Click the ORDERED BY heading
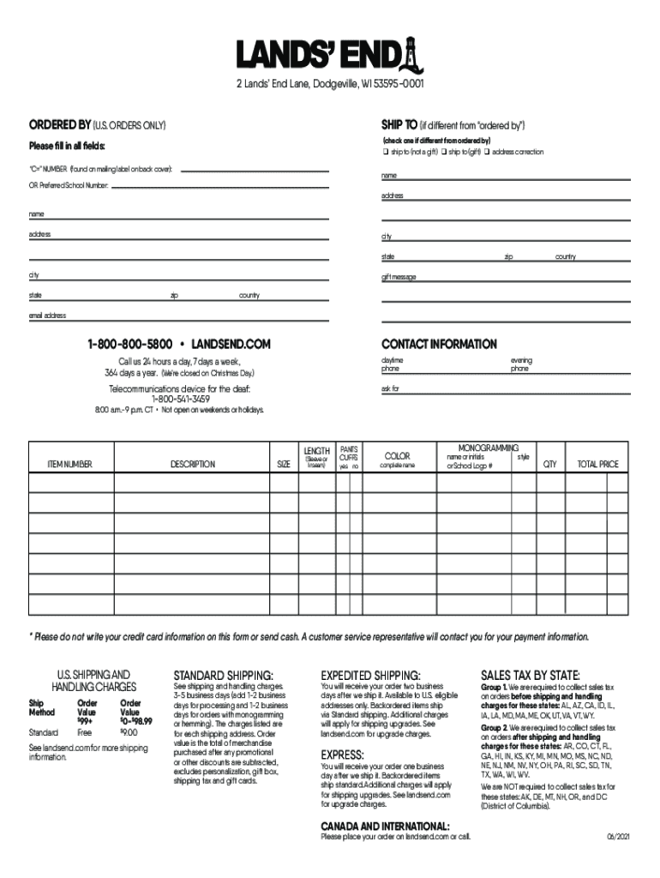(x=62, y=125)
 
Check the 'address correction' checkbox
(x=487, y=152)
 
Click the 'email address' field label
(x=47, y=315)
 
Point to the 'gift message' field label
(x=399, y=277)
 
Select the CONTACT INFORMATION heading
(x=439, y=344)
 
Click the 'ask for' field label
(x=390, y=388)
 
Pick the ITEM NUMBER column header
(x=69, y=464)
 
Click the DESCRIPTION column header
(x=192, y=464)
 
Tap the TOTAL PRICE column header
(x=597, y=464)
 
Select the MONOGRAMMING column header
(x=488, y=448)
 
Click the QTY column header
(x=549, y=464)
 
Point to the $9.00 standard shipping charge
(x=129, y=732)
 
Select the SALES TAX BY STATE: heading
(x=530, y=674)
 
